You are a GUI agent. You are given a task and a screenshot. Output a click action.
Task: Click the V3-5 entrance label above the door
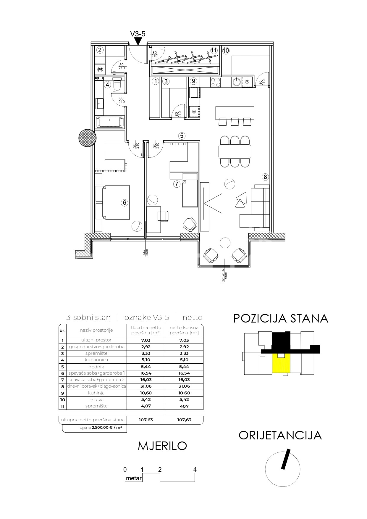138,34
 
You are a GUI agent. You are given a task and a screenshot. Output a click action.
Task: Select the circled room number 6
125,202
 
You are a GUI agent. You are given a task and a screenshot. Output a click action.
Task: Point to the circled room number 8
265,177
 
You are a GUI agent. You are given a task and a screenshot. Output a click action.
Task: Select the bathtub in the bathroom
110,122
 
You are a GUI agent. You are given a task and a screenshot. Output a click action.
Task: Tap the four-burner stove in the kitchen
215,82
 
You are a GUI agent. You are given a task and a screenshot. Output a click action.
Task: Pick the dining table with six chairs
235,151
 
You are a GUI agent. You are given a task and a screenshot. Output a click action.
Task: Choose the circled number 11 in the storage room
214,50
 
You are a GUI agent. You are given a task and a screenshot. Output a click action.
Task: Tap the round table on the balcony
225,243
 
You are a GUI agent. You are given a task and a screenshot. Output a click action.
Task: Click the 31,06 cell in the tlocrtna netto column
145,386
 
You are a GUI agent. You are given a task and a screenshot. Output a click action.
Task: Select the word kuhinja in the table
96,393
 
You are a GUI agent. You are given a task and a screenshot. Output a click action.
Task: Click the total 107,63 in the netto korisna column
184,420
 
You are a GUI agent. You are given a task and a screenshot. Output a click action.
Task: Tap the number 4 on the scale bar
195,469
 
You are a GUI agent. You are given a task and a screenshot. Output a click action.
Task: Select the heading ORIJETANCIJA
280,435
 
